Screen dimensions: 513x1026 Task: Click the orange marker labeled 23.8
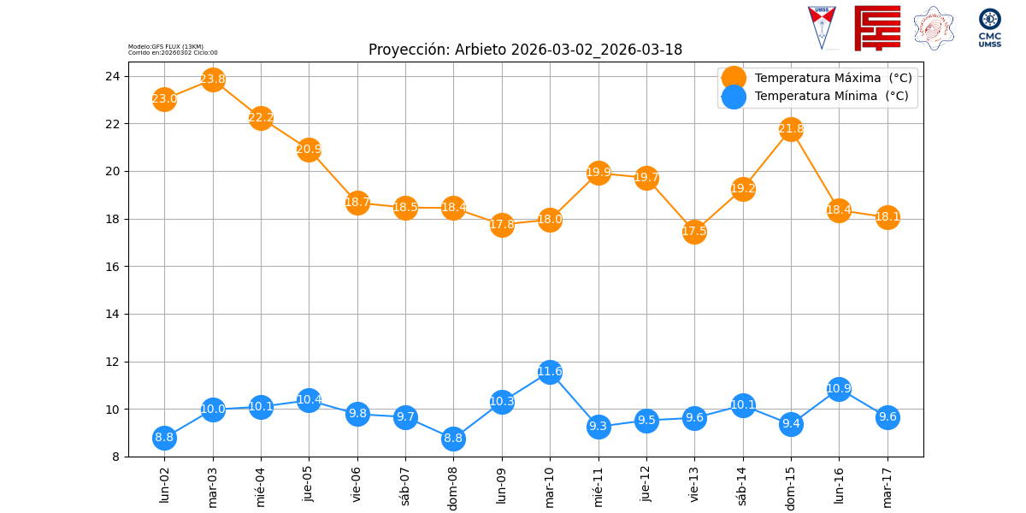pyautogui.click(x=213, y=80)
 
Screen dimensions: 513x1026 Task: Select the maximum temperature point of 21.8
pyautogui.click(x=791, y=129)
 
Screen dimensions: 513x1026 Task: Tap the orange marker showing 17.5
pyautogui.click(x=694, y=231)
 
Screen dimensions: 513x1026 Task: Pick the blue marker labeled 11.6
pyautogui.click(x=550, y=371)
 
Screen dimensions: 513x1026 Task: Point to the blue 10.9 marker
pyautogui.click(x=839, y=389)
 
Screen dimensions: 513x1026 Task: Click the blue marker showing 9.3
pyautogui.click(x=598, y=426)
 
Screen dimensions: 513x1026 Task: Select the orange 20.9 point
pyautogui.click(x=309, y=150)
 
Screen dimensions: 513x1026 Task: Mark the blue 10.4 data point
pyautogui.click(x=309, y=399)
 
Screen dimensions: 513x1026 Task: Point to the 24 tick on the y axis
pyautogui.click(x=112, y=76)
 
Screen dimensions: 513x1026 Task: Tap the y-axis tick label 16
pyautogui.click(x=112, y=267)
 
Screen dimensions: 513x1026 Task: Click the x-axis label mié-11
pyautogui.click(x=598, y=485)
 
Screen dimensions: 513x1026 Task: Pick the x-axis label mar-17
pyautogui.click(x=887, y=485)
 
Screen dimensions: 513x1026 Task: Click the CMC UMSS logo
pyautogui.click(x=990, y=27)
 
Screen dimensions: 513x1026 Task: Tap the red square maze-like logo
pyautogui.click(x=877, y=27)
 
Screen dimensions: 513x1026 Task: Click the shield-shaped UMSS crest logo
pyautogui.click(x=822, y=26)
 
